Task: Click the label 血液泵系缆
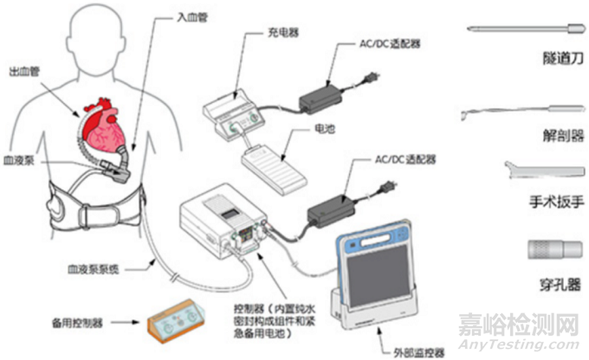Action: (91, 269)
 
